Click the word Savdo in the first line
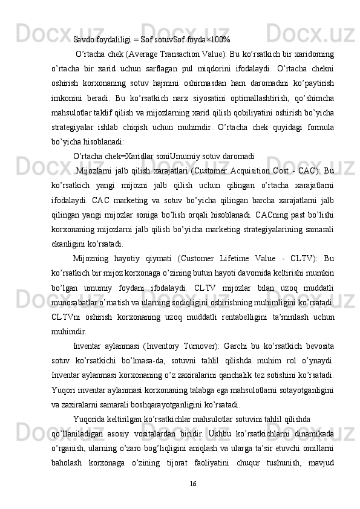click(x=84, y=40)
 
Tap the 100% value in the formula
click(x=220, y=40)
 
